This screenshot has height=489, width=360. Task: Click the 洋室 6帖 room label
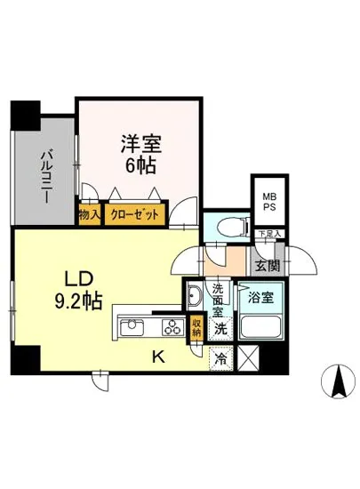click(139, 152)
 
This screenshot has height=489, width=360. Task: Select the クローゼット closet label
click(135, 214)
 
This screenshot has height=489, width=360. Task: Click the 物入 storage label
click(89, 214)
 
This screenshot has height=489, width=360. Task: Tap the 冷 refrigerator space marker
click(219, 361)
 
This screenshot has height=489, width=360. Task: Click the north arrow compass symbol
click(338, 383)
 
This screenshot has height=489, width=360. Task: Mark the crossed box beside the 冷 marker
click(246, 360)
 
